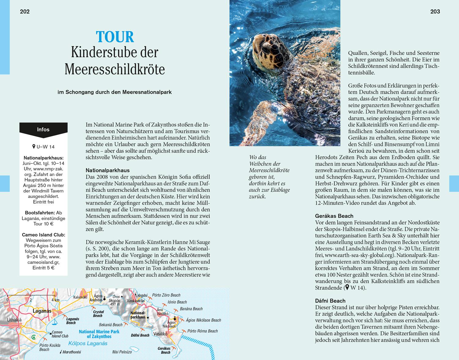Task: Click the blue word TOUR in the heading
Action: click(115, 37)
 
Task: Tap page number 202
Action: click(25, 12)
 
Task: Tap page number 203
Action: click(435, 12)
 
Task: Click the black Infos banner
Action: click(43, 129)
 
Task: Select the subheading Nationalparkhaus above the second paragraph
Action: click(107, 170)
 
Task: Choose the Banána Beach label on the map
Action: click(191, 309)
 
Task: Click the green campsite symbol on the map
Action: click(34, 337)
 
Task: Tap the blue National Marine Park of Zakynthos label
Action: click(99, 334)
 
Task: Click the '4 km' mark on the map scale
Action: click(55, 300)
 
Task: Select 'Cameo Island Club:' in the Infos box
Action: click(43, 235)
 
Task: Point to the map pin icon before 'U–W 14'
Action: click(34, 147)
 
